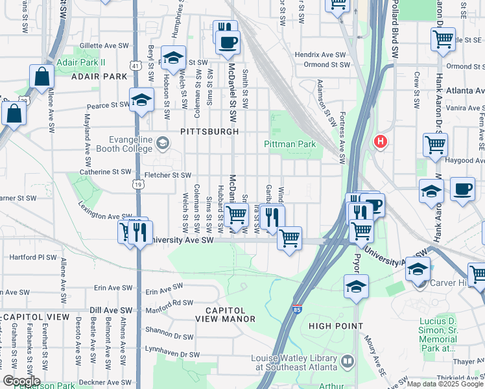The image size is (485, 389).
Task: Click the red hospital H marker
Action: pyautogui.click(x=380, y=141)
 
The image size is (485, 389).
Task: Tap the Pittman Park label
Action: pyautogui.click(x=289, y=144)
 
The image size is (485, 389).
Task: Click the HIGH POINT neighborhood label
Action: pyautogui.click(x=335, y=325)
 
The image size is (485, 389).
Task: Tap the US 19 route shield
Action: pyautogui.click(x=138, y=184)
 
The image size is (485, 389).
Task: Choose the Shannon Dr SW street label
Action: pyautogui.click(x=170, y=336)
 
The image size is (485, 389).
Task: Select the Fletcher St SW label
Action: pyautogui.click(x=167, y=175)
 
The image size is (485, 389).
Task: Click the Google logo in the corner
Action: pyautogui.click(x=21, y=381)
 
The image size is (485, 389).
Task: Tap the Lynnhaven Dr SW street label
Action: pyautogui.click(x=172, y=355)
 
